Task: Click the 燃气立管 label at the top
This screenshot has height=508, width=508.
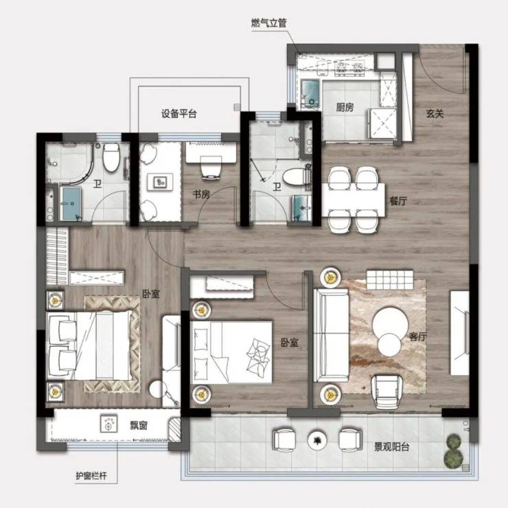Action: coord(269,23)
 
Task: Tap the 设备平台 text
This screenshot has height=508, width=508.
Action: coord(179,114)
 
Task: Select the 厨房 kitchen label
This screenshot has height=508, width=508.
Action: coord(345,107)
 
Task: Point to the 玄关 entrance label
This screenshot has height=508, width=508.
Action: coord(435,114)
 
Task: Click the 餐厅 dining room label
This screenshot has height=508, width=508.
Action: coord(398,201)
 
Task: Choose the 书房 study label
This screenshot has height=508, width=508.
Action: coord(201,194)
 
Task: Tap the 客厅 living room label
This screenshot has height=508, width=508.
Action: coord(417,336)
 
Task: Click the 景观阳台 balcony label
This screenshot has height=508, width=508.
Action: coord(392,447)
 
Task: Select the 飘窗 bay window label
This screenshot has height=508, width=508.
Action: coord(139,426)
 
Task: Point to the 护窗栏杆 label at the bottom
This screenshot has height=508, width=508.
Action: coord(91,476)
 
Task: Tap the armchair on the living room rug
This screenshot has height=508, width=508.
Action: coord(386,391)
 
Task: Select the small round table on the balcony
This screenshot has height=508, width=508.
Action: coord(317,439)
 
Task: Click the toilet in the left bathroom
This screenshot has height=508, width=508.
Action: coord(111,158)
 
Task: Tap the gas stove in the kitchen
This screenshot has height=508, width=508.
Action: coord(349,67)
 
